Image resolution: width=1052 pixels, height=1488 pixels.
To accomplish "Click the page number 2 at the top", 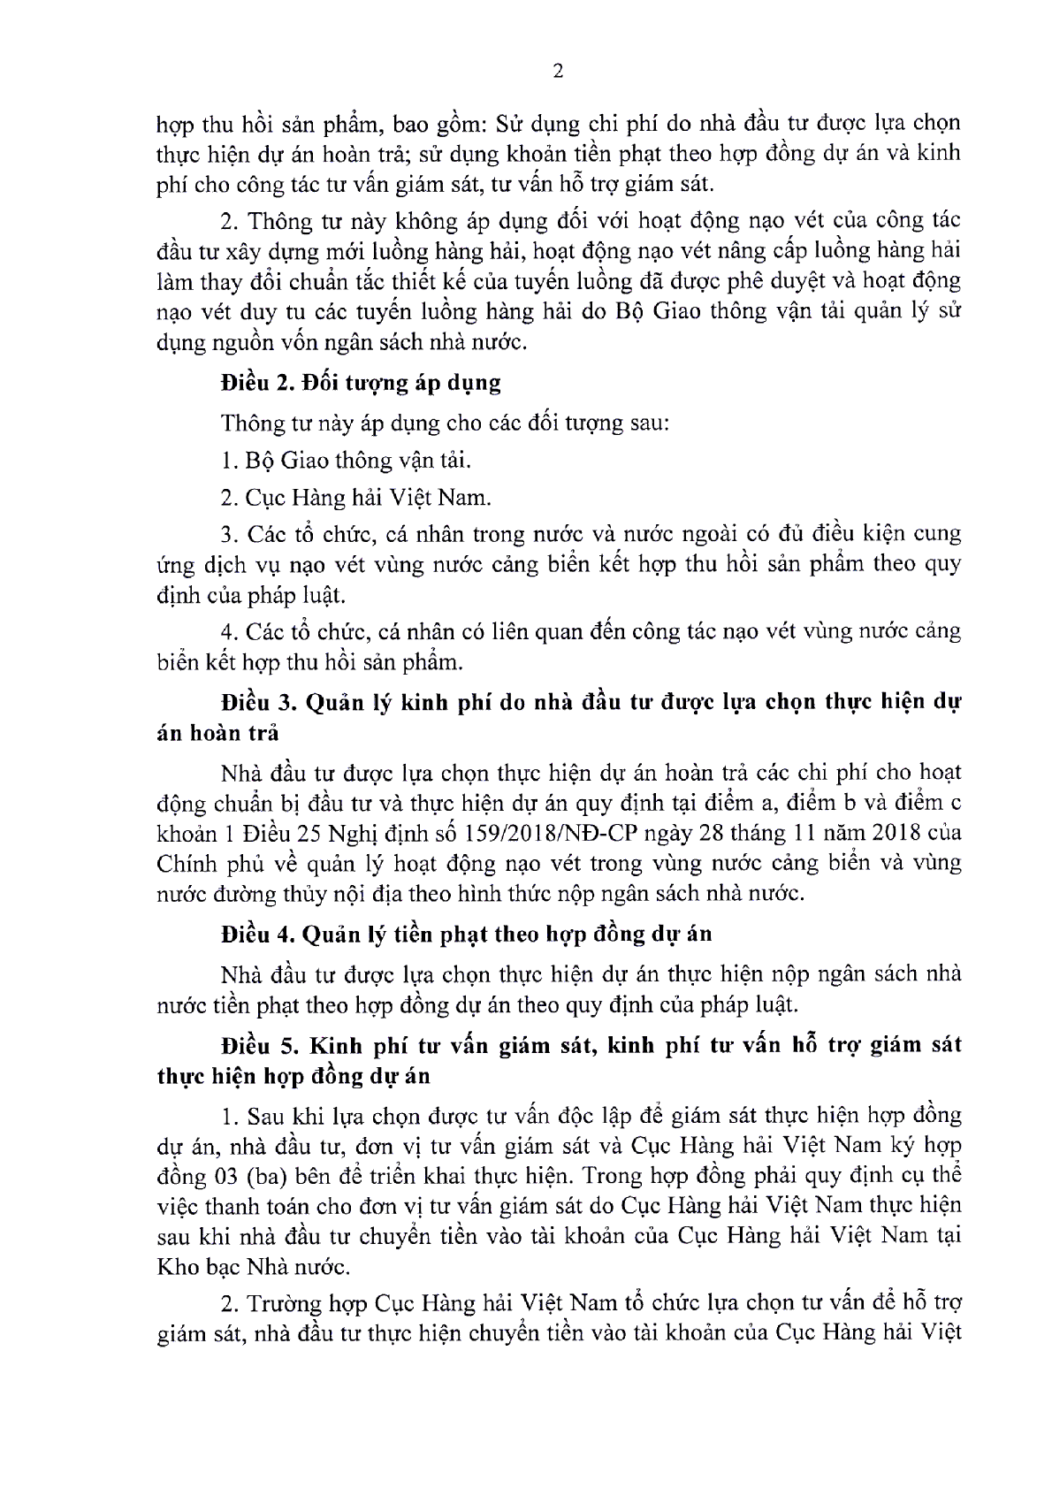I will point(557,72).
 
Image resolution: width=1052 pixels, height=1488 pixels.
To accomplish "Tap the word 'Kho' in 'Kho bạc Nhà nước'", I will point(175,1266).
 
